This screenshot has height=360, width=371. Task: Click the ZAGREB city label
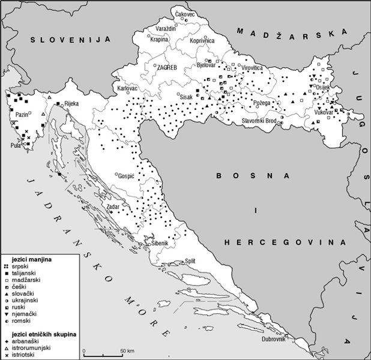coord(166,68)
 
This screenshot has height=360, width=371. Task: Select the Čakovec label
coord(185,13)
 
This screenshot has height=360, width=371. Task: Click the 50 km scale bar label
coord(127,350)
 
